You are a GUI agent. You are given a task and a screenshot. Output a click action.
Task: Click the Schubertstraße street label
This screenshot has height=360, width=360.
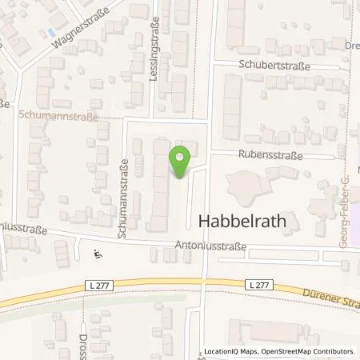(x=277, y=65)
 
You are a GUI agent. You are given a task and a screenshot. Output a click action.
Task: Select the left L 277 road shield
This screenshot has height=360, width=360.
(x=98, y=285)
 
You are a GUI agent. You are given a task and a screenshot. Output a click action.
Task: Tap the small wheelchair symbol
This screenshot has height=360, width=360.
(x=98, y=255)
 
